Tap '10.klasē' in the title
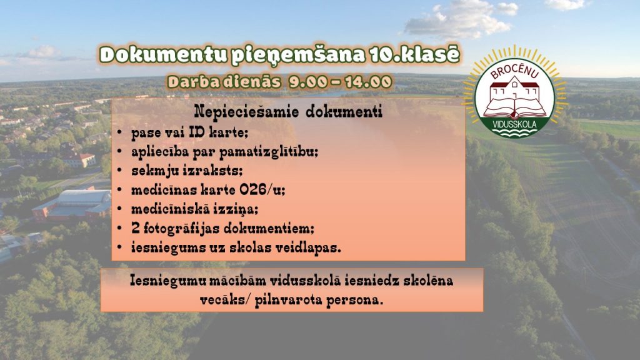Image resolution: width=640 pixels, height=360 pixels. (415, 55)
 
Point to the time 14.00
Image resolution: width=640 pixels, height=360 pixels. (368, 82)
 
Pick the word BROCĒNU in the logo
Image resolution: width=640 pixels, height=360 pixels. (514, 72)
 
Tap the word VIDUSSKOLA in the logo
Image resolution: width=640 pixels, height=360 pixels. (514, 124)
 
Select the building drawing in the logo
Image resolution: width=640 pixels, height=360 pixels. (514, 90)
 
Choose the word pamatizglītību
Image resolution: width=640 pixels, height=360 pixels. (269, 152)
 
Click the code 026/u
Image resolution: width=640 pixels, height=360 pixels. (262, 190)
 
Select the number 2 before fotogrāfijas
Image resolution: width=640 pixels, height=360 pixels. (136, 227)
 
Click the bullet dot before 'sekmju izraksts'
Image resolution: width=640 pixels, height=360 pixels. (119, 171)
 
